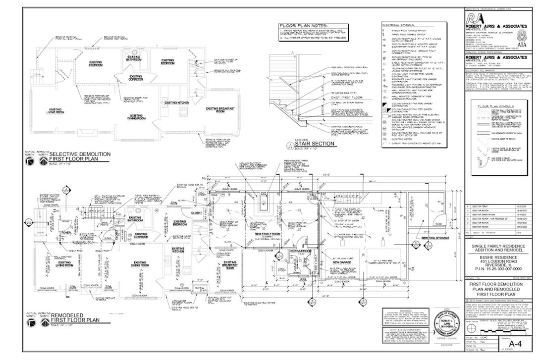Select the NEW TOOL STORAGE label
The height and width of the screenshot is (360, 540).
[435, 238]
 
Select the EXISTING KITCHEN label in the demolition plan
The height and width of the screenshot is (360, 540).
[177, 103]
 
